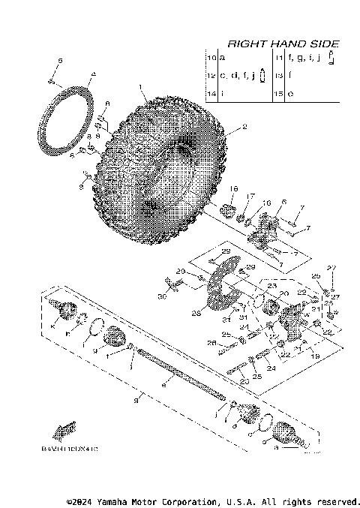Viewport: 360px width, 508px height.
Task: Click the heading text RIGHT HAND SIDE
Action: click(x=283, y=44)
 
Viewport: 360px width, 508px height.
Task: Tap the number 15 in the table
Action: click(x=280, y=94)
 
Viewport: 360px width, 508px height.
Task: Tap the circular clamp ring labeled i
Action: click(x=97, y=328)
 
